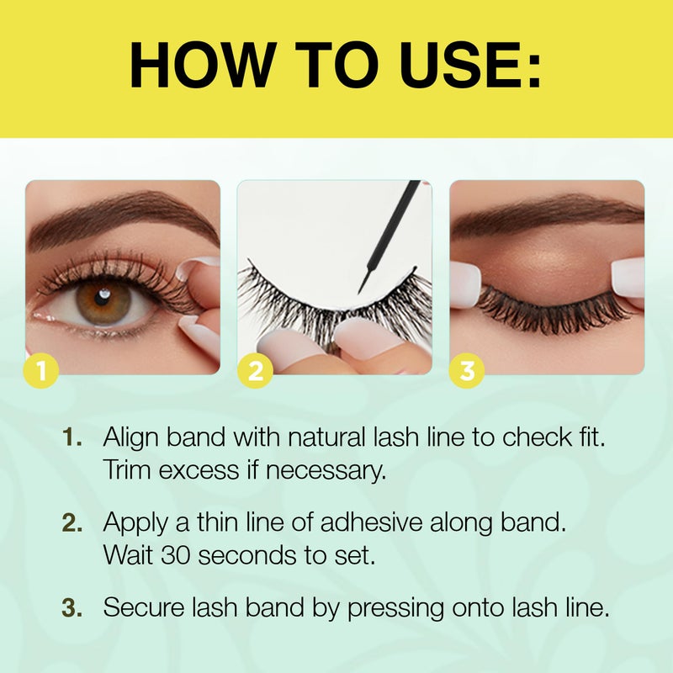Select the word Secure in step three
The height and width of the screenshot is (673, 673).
pos(141,607)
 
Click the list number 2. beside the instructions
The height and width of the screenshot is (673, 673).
pos(73,523)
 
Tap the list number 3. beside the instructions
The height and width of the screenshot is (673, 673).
pos(73,607)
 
